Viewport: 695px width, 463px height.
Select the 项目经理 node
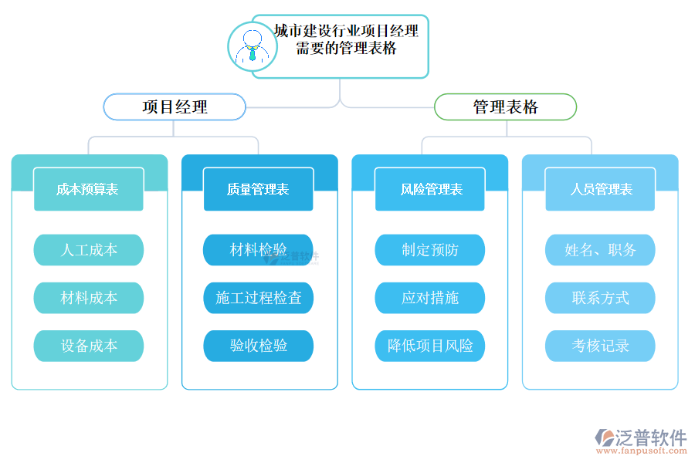tap(175, 106)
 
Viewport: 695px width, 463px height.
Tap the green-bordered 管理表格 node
tap(505, 106)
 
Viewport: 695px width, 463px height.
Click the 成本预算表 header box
tap(88, 189)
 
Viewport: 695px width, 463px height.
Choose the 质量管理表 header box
tap(258, 189)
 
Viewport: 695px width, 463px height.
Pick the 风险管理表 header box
tap(430, 189)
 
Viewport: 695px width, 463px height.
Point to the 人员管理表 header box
tap(600, 189)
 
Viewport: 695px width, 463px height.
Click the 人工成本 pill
tap(88, 250)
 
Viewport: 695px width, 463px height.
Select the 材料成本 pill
tap(88, 298)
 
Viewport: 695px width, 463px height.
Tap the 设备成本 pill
tap(88, 346)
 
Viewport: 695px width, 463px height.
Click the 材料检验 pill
tap(258, 250)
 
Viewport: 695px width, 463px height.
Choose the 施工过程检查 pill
tap(258, 298)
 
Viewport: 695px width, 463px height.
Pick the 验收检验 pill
tap(258, 346)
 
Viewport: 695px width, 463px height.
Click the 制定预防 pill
tap(430, 250)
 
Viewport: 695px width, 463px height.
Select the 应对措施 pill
tap(430, 298)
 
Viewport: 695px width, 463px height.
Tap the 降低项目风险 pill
tap(430, 346)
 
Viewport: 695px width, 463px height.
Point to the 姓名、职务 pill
tap(600, 250)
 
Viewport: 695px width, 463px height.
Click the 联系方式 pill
tap(600, 298)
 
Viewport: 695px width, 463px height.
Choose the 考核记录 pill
tap(600, 346)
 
